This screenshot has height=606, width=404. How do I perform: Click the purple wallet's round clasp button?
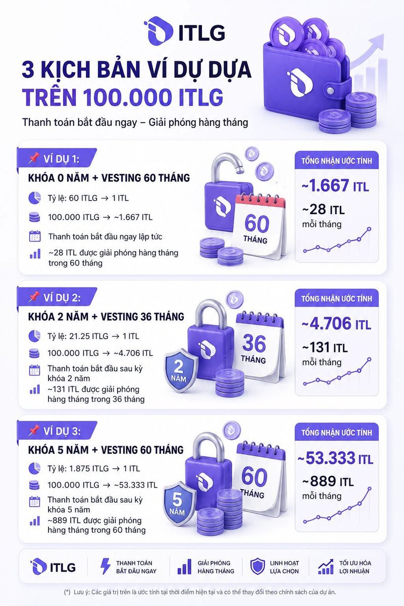click(x=330, y=90)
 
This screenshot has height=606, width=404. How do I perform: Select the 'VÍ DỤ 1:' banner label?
click(x=61, y=159)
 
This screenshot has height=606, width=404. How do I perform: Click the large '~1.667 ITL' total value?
click(x=335, y=186)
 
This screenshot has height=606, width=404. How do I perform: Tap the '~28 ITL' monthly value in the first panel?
click(x=323, y=210)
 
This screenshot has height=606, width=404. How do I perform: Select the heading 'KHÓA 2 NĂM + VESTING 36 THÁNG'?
click(x=106, y=317)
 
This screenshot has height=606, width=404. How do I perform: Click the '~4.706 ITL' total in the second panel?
click(x=336, y=324)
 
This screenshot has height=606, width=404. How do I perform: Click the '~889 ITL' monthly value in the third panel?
click(x=328, y=481)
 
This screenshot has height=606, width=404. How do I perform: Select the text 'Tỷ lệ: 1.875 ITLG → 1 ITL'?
click(x=93, y=469)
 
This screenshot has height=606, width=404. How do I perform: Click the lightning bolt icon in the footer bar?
click(x=105, y=567)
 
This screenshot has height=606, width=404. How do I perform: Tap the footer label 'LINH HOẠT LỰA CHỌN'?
click(x=284, y=567)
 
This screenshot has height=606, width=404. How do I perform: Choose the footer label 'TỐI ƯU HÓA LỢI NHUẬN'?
click(x=355, y=567)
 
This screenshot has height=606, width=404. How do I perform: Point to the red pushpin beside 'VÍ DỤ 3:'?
click(x=34, y=431)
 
